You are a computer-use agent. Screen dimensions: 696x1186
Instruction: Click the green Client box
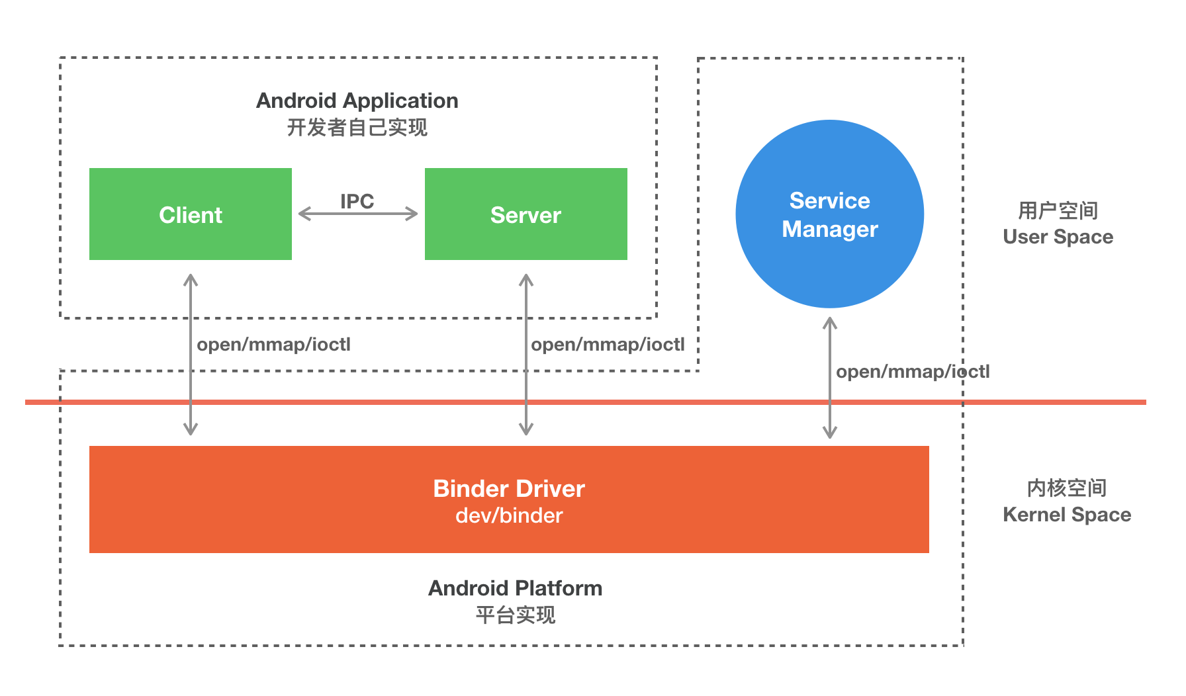point(191,214)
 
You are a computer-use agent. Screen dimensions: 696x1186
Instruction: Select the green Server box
point(525,214)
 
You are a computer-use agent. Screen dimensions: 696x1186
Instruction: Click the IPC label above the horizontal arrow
point(357,201)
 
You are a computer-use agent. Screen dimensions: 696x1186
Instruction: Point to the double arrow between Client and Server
point(358,214)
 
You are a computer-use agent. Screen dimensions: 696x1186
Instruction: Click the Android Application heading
point(357,101)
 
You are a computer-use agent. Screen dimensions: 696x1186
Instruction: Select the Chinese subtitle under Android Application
point(357,127)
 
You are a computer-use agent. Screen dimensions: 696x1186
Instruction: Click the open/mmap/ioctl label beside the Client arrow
point(273,345)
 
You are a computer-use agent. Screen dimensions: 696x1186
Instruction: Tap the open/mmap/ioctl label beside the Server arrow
point(608,345)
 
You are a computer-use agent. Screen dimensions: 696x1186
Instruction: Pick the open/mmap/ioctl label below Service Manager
point(912,372)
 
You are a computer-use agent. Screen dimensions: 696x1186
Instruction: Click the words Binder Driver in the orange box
point(508,488)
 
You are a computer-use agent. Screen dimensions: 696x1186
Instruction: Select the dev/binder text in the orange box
point(508,515)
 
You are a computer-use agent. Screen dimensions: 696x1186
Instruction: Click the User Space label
point(1058,237)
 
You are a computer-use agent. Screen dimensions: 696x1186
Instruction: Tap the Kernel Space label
point(1066,515)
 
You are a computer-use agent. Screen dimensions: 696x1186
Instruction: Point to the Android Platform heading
point(515,588)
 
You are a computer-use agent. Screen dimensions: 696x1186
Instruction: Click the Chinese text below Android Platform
point(515,615)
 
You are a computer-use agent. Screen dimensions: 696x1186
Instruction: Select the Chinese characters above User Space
point(1058,211)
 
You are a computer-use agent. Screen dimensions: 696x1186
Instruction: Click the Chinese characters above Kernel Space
point(1066,488)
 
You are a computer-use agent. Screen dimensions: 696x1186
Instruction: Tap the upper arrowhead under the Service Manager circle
point(829,323)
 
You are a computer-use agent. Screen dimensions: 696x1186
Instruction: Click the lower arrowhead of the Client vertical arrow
point(191,430)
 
